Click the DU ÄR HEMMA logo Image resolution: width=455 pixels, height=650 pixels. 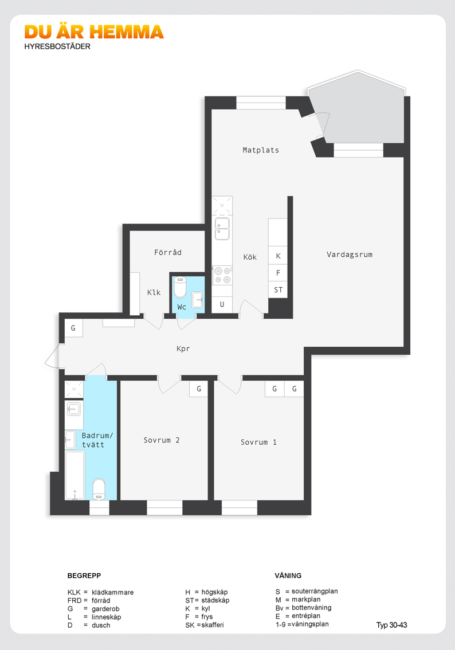point(94,32)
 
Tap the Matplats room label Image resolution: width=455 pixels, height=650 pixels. point(261,150)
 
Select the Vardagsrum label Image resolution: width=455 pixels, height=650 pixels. point(350,254)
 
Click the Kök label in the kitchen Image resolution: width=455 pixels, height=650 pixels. point(250,257)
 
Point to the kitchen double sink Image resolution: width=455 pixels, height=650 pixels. point(222,228)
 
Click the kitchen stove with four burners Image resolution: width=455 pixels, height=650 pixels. point(222,275)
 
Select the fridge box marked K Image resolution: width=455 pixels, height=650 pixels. point(278,256)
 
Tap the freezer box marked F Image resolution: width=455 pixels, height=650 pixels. point(278,273)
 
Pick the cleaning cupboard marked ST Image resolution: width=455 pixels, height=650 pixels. point(278,290)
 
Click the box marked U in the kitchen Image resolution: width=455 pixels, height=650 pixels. point(222,304)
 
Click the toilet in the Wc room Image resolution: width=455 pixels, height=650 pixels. point(181,287)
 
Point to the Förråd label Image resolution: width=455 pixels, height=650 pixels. point(168,252)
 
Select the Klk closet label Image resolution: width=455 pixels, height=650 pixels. point(154,292)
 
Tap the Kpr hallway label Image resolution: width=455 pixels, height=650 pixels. point(183,349)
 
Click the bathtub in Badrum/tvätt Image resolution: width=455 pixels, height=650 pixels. point(75,475)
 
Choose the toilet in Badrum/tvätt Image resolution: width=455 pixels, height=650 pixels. point(99,489)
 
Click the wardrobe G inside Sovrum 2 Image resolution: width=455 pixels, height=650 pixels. point(198,389)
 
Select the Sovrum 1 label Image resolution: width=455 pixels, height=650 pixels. point(258,443)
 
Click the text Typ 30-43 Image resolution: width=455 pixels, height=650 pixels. point(391,625)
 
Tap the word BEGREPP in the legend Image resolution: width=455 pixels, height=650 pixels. point(84,575)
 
